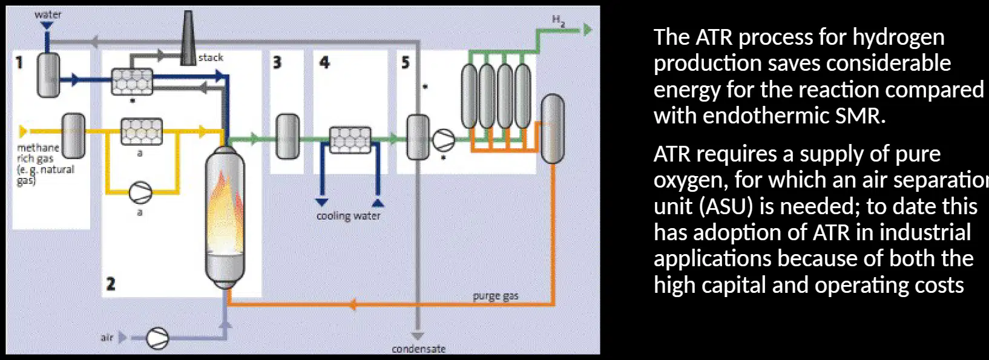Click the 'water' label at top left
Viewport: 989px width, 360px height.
click(48, 15)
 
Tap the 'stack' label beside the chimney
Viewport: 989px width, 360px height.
click(211, 57)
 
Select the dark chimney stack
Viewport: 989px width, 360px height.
click(188, 38)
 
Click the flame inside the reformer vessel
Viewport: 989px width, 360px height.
click(225, 212)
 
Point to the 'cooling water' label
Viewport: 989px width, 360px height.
click(349, 216)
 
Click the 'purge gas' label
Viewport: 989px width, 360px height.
click(495, 296)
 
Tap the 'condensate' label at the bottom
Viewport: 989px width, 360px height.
click(419, 349)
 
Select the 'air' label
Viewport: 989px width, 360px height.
click(107, 338)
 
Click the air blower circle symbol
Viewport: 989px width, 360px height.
click(157, 338)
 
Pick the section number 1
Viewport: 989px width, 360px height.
click(19, 63)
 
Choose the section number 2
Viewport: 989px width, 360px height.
click(111, 284)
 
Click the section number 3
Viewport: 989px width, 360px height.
click(277, 63)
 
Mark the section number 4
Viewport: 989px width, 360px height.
click(324, 63)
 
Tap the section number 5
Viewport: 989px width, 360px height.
click(406, 63)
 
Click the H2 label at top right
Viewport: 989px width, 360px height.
click(559, 21)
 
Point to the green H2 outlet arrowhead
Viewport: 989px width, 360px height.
click(588, 30)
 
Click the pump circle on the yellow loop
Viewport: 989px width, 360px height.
click(140, 193)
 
